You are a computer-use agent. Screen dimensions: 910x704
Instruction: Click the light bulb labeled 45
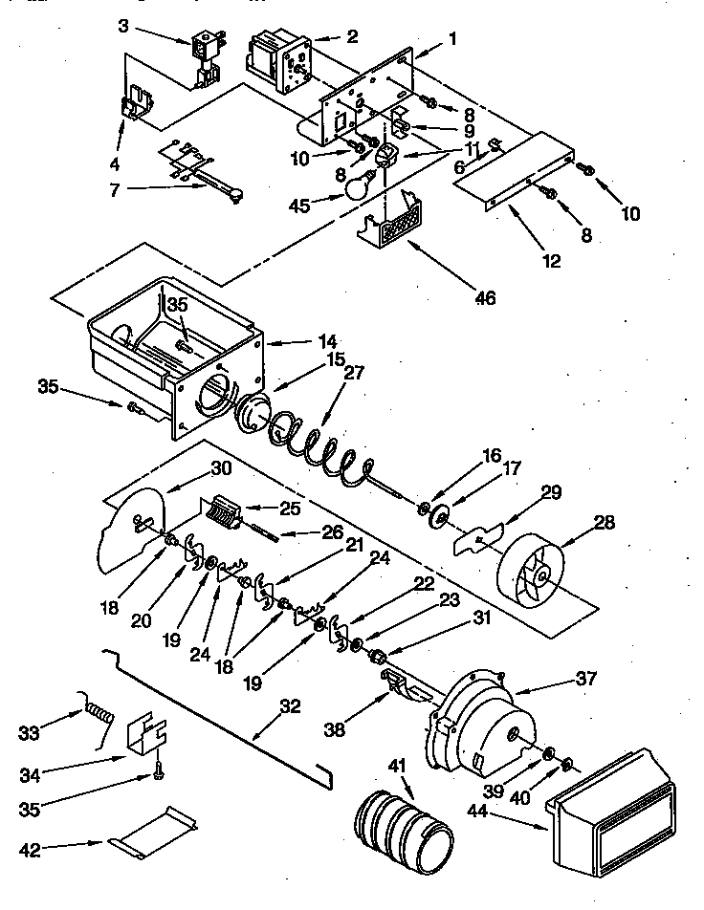358,184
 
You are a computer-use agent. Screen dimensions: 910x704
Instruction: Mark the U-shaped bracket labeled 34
146,732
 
